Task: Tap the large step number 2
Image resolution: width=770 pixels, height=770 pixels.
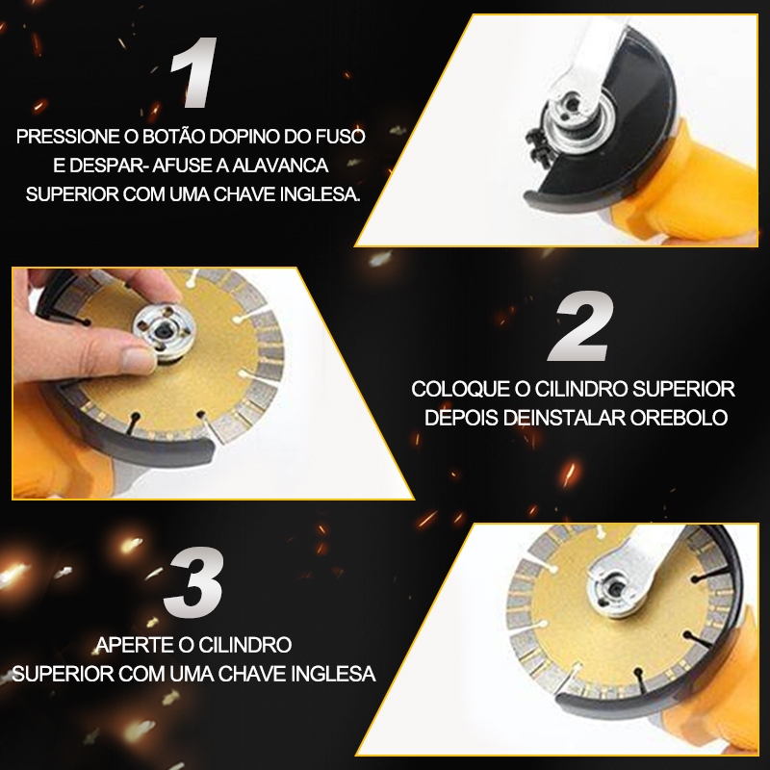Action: click(581, 326)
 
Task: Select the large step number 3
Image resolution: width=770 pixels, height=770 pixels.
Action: click(193, 582)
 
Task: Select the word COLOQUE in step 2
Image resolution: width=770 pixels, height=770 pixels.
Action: click(461, 389)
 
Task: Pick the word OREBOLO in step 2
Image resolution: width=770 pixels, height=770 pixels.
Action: click(680, 418)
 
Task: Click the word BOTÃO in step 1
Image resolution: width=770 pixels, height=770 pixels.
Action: click(174, 137)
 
